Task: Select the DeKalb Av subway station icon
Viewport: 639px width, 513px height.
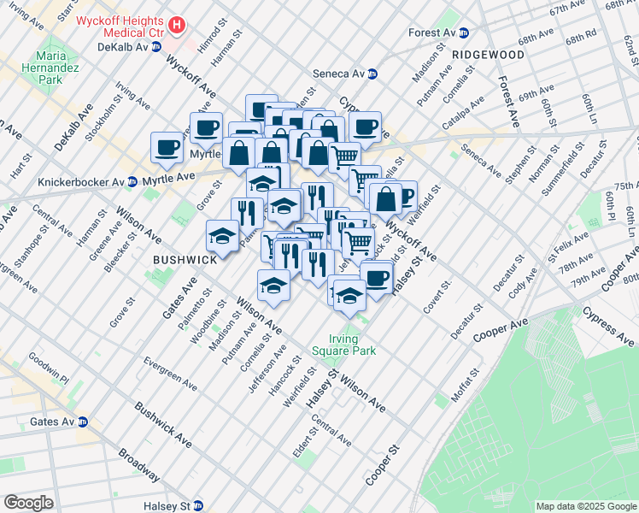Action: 155,47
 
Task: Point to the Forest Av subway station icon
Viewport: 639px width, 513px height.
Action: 464,32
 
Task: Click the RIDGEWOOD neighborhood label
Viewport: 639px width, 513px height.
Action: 488,55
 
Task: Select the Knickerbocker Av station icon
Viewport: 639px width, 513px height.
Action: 132,181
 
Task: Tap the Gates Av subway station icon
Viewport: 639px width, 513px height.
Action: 83,422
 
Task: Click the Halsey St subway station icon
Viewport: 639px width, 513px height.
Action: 198,506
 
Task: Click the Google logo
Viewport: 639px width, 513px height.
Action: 28,503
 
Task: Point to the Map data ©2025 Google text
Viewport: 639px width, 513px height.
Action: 585,506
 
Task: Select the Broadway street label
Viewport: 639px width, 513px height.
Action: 138,465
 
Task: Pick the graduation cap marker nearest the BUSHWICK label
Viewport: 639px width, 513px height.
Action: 223,235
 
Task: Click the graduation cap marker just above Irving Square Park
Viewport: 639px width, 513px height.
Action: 349,296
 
